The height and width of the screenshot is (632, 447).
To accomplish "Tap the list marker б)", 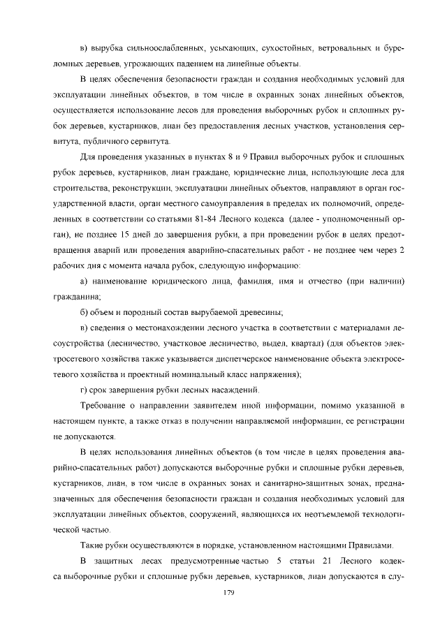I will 85,312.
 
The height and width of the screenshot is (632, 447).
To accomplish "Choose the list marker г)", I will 85,388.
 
